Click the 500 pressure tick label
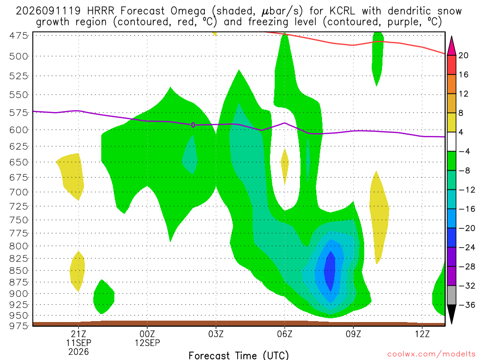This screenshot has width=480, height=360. coord(18,56)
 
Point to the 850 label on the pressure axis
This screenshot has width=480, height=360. coord(18,270)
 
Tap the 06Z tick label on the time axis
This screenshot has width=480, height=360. coord(285,334)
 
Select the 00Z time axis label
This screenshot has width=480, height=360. coord(147,334)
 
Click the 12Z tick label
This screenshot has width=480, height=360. coord(422,334)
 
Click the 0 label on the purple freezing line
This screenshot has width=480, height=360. coord(193,125)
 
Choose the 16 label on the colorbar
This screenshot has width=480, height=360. coord(464,75)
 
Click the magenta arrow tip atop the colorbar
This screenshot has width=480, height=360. coord(451,37)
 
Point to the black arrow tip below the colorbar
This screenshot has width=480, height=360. coord(451,323)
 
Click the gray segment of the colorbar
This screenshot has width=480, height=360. coord(451,295)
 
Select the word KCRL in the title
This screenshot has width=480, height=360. coord(342,11)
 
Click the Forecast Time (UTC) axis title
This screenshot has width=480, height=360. coord(239,355)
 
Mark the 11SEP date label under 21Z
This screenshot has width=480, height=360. coord(79,343)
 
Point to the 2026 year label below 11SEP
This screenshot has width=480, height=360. coord(79,352)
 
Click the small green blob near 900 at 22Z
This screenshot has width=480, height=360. coord(104,297)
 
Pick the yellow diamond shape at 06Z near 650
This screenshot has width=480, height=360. coord(285,166)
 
